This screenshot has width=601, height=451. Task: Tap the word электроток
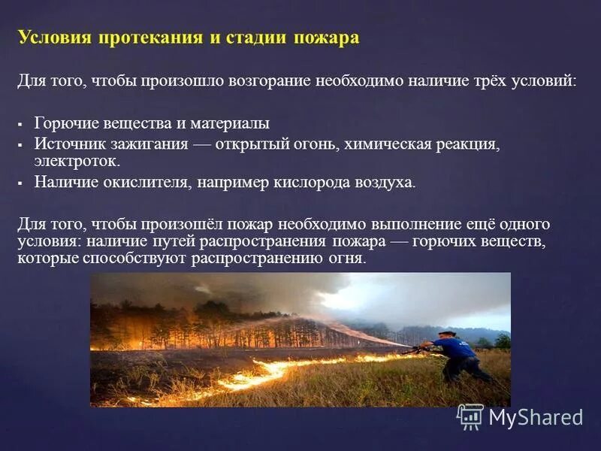[75, 161]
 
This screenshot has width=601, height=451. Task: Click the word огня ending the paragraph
[348, 258]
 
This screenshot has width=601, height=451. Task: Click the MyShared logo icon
[470, 416]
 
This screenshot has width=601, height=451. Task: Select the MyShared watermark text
[536, 417]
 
